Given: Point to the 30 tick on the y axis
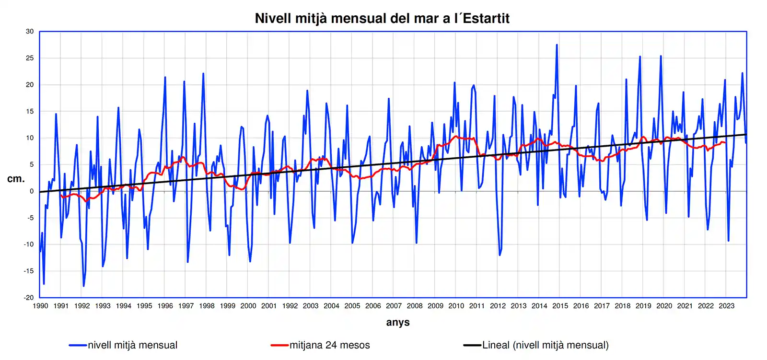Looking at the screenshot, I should point(30,32).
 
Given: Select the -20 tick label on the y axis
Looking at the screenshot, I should point(29,298).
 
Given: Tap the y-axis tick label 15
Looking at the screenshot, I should point(30,111).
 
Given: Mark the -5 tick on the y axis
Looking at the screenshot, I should point(30,218).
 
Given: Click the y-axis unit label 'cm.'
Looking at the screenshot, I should point(16,179).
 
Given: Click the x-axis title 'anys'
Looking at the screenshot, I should point(398,322).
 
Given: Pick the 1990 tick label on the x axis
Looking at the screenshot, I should point(40,306).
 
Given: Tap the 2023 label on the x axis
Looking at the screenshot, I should point(726,306).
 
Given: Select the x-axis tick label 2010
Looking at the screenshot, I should point(456,306).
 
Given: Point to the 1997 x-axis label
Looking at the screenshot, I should point(186,306).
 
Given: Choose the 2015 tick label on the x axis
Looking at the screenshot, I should point(560,306).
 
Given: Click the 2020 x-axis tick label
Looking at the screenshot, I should point(664,306).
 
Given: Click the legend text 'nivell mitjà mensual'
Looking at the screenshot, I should point(132,345).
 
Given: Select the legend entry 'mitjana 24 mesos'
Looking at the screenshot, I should point(330,345).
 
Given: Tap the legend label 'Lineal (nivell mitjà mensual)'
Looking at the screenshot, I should point(546,345).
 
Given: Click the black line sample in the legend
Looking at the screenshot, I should point(472,345).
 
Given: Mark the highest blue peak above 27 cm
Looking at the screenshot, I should point(557,45).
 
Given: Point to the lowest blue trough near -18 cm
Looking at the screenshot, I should point(83,286).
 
